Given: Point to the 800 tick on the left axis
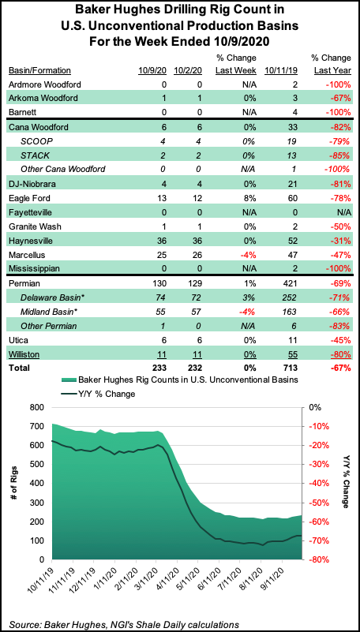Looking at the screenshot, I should pos(34,407).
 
